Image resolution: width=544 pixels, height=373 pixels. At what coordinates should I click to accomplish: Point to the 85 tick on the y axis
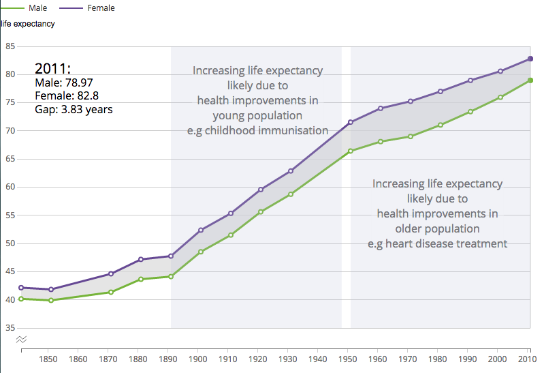pyautogui.click(x=10, y=46)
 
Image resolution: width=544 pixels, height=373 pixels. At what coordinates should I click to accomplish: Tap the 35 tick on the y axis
pyautogui.click(x=10, y=328)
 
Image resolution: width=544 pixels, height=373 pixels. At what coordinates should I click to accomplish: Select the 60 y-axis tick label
pyautogui.click(x=10, y=187)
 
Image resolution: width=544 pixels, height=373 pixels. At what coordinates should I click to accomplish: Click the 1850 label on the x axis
pyautogui.click(x=48, y=359)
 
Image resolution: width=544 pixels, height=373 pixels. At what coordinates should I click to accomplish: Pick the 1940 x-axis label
pyautogui.click(x=317, y=359)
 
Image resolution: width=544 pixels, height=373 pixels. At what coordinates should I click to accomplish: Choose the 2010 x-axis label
pyautogui.click(x=526, y=359)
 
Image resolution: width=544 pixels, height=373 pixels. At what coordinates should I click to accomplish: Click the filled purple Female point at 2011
pyautogui.click(x=530, y=59)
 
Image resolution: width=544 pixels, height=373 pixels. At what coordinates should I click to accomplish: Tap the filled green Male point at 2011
pyautogui.click(x=530, y=80)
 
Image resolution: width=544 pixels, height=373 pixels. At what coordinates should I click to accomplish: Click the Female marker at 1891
pyautogui.click(x=171, y=256)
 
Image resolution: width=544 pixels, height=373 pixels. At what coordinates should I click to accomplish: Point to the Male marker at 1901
pyautogui.click(x=201, y=252)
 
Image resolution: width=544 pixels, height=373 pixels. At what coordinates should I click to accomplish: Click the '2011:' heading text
pyautogui.click(x=52, y=69)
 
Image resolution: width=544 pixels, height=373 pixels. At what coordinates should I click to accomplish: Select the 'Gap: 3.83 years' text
pyautogui.click(x=74, y=108)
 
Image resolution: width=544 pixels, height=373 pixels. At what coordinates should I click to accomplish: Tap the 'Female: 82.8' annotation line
pyautogui.click(x=66, y=95)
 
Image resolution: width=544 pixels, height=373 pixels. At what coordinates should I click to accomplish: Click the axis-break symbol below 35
pyautogui.click(x=22, y=338)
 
